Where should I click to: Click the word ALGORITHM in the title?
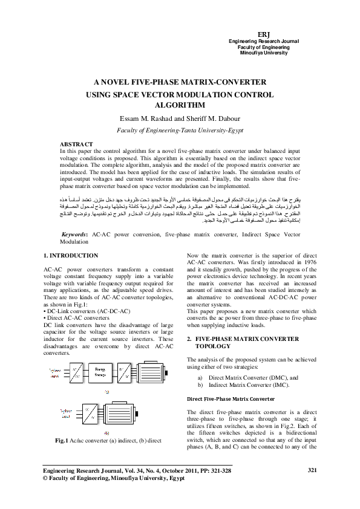click(180, 105)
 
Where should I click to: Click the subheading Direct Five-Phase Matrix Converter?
click(226, 399)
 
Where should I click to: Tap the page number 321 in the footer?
click(313, 487)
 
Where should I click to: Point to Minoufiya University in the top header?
click(263, 53)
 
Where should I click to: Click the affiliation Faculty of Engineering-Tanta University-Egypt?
click(179, 130)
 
